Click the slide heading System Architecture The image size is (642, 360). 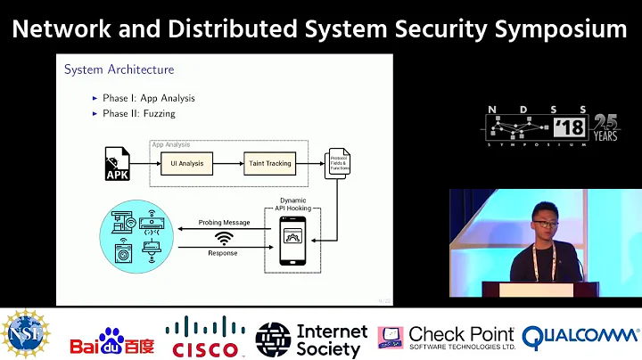click(119, 69)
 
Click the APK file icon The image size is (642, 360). click(119, 164)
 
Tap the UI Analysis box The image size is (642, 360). click(187, 164)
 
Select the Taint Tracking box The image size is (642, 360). click(268, 164)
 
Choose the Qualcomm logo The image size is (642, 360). click(580, 337)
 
